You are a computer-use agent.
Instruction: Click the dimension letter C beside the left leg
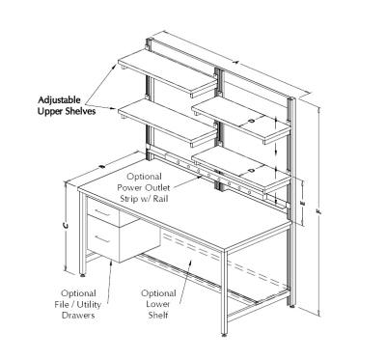(x=65, y=226)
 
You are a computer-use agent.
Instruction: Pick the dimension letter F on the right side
(x=317, y=207)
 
